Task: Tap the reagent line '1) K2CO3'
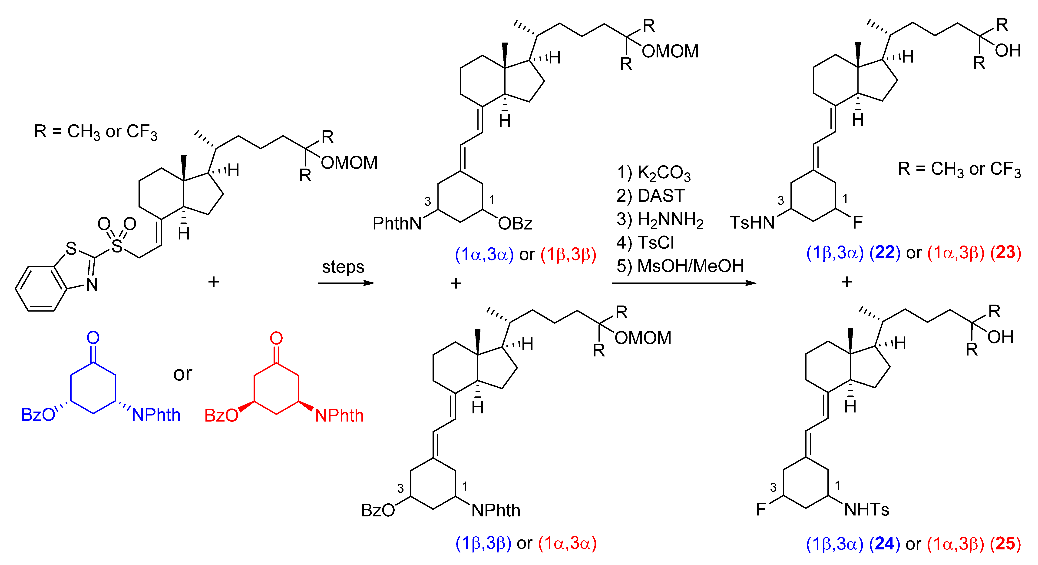point(654,173)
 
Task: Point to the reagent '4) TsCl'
point(645,243)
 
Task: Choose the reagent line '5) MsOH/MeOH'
point(680,266)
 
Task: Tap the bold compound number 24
point(884,544)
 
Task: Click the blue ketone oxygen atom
point(93,338)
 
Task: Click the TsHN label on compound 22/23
point(752,223)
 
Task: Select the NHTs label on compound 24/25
point(866,510)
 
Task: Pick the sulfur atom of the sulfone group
point(117,246)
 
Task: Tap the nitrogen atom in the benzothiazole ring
point(92,285)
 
